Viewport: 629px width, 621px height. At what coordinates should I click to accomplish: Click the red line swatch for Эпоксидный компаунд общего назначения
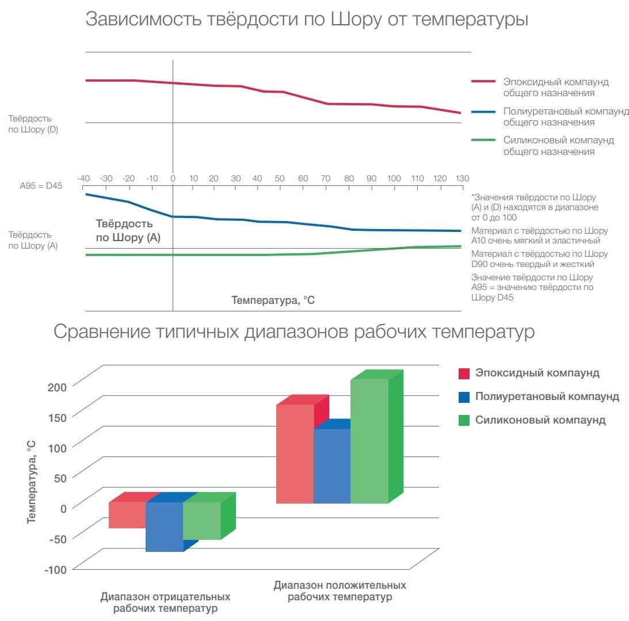(483, 82)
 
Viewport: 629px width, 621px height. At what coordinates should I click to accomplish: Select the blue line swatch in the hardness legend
(483, 111)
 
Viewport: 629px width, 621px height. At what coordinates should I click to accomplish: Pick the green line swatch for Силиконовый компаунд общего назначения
(483, 140)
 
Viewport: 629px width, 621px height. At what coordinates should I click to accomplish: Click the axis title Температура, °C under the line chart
(273, 300)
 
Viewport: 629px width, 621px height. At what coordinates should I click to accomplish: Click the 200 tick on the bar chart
(58, 386)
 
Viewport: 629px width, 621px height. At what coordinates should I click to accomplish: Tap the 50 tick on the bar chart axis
(60, 477)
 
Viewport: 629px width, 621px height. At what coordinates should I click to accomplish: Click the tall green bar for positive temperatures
(369, 441)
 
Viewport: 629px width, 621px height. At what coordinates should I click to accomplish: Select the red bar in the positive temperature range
(295, 454)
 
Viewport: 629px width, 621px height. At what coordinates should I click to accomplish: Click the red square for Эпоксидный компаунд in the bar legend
(464, 373)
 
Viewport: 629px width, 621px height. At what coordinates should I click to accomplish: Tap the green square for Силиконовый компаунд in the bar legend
(464, 420)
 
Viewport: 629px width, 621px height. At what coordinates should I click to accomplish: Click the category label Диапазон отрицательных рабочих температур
(165, 603)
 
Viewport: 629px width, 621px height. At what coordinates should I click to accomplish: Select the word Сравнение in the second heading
(98, 332)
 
